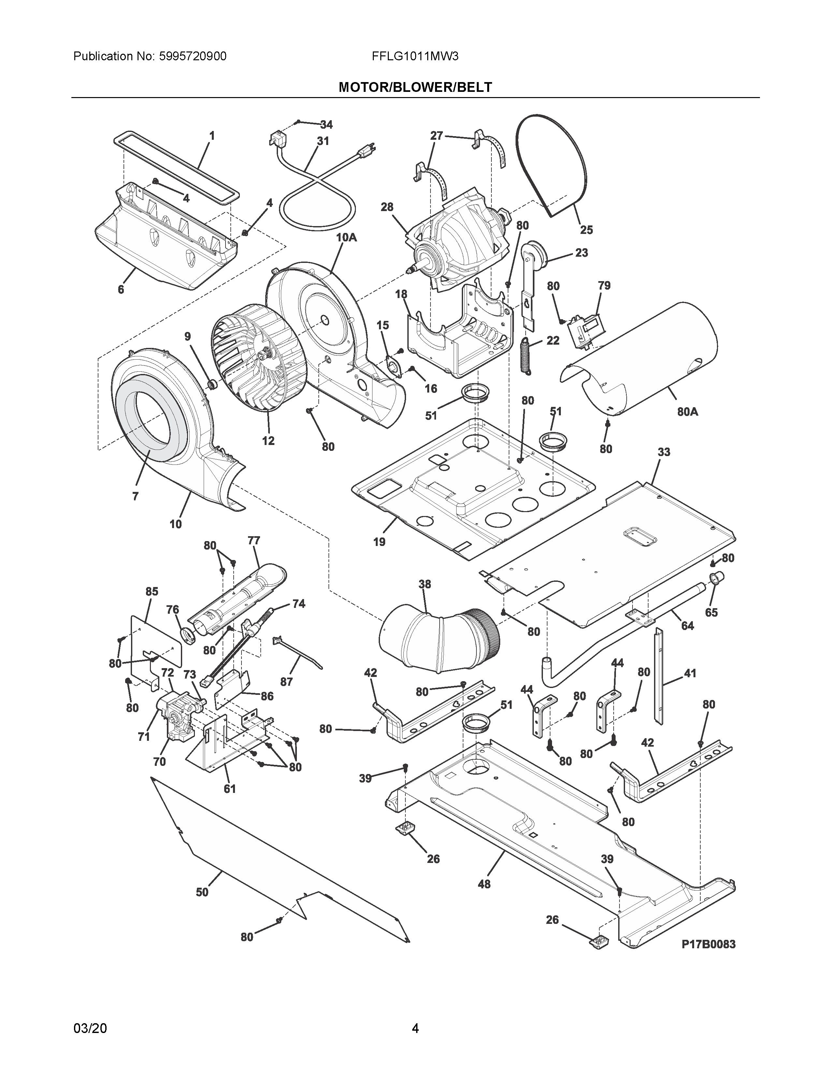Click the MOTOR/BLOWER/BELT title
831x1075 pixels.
click(x=415, y=87)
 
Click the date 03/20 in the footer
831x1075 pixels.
click(x=90, y=1028)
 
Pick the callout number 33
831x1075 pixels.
click(x=663, y=452)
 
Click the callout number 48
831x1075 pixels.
click(x=484, y=884)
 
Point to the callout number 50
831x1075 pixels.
click(x=202, y=892)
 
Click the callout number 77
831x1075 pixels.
click(x=254, y=540)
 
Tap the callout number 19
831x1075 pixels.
click(x=379, y=542)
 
